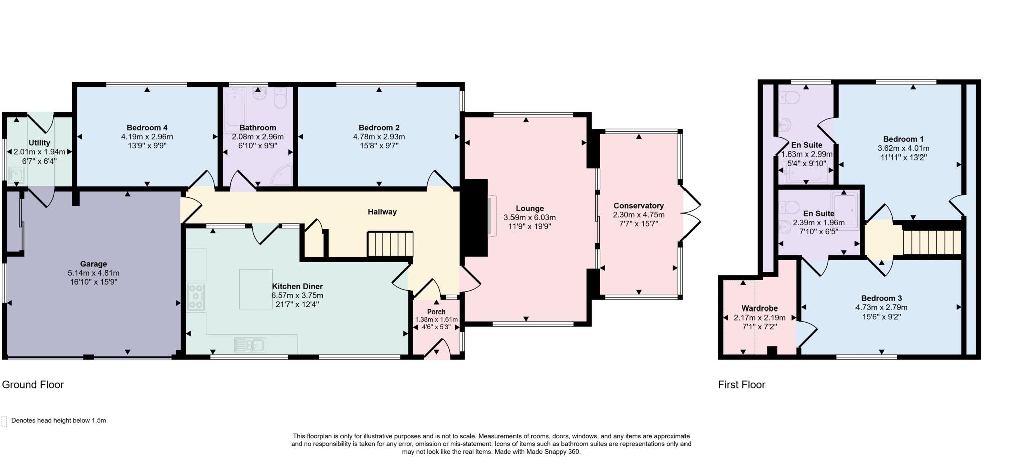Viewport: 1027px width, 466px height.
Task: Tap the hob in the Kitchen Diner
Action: [x=196, y=296]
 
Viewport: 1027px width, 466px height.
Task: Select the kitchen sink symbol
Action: [x=250, y=345]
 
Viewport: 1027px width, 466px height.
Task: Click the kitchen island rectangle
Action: [x=256, y=289]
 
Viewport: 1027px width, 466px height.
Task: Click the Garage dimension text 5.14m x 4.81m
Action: [x=93, y=273]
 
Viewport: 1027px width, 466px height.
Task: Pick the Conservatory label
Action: [x=638, y=206]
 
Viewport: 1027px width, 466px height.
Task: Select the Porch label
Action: [x=436, y=312]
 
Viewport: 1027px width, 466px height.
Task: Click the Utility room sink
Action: [x=16, y=174]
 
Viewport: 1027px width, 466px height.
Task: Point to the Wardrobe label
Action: [x=759, y=308]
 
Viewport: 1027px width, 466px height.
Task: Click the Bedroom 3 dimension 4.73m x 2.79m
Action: [x=881, y=308]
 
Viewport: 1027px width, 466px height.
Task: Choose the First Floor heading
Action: [x=741, y=385]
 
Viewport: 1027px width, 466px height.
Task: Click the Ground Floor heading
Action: [x=33, y=385]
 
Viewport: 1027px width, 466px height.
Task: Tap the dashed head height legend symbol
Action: [x=4, y=421]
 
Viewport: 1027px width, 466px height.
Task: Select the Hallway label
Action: [x=382, y=212]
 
